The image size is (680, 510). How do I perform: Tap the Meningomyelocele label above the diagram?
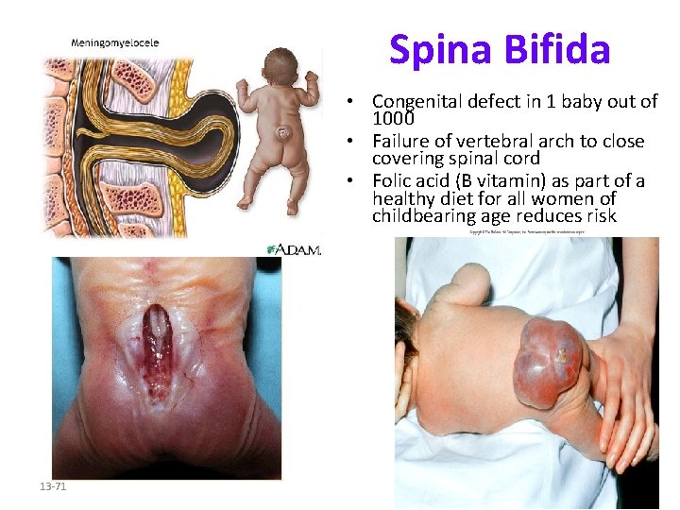(115, 42)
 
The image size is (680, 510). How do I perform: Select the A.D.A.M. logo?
(295, 249)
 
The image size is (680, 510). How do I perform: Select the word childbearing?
(421, 216)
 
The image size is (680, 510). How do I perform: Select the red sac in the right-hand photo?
(549, 362)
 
